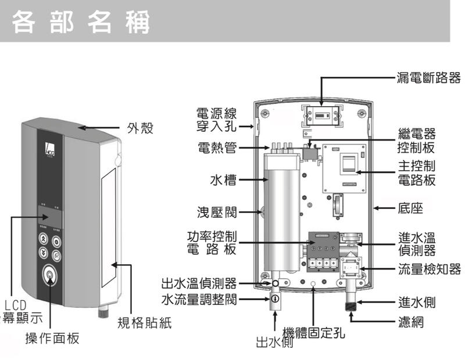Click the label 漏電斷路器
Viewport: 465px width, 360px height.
(x=428, y=77)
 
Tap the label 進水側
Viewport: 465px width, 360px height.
(x=417, y=303)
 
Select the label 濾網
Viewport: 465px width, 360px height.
(x=410, y=321)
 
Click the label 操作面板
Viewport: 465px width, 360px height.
(x=52, y=339)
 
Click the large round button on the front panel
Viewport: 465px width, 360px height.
(x=50, y=275)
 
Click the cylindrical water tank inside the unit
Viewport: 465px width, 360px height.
(x=281, y=209)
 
